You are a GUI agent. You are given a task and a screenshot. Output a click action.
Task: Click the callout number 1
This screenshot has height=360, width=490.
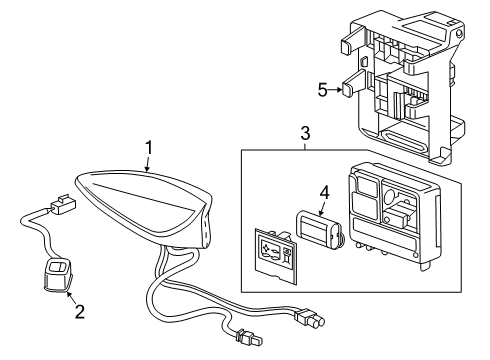[148, 149]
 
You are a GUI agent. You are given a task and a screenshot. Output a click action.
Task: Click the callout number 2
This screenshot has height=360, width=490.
[79, 312]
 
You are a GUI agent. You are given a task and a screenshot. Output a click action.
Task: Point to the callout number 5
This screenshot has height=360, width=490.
[322, 89]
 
